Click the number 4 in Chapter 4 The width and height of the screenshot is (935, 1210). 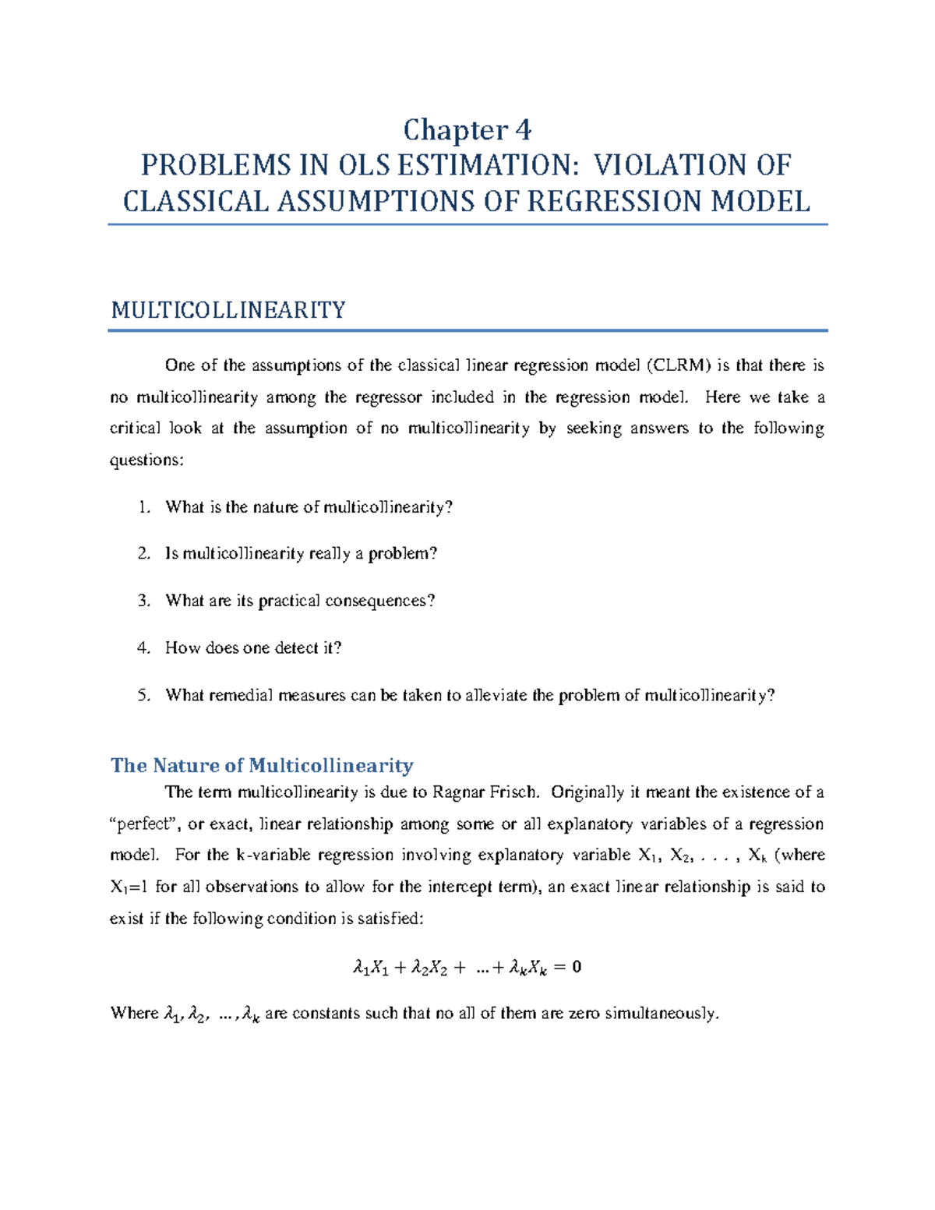click(x=523, y=129)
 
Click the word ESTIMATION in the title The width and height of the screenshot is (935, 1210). click(x=488, y=165)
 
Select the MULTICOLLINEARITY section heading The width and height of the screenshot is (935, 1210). click(x=228, y=310)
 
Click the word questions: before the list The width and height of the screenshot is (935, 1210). click(x=147, y=460)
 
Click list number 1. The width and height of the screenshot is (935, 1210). click(x=143, y=507)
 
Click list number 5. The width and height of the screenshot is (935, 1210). click(x=143, y=695)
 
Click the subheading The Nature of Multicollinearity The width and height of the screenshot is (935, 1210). click(x=262, y=765)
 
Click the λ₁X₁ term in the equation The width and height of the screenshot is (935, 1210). click(x=371, y=968)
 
